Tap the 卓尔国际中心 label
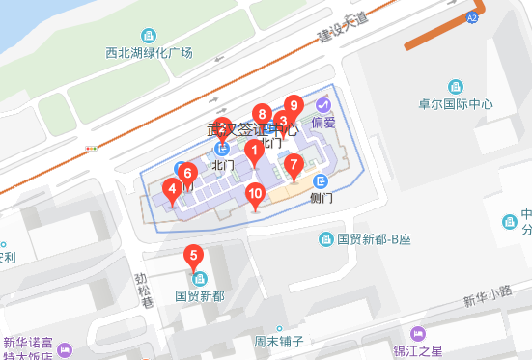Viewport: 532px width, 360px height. pyautogui.click(x=457, y=104)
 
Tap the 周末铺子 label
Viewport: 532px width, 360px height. pyautogui.click(x=279, y=341)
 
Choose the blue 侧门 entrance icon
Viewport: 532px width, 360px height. pyautogui.click(x=321, y=181)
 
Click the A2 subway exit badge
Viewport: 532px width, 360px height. pyautogui.click(x=472, y=17)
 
